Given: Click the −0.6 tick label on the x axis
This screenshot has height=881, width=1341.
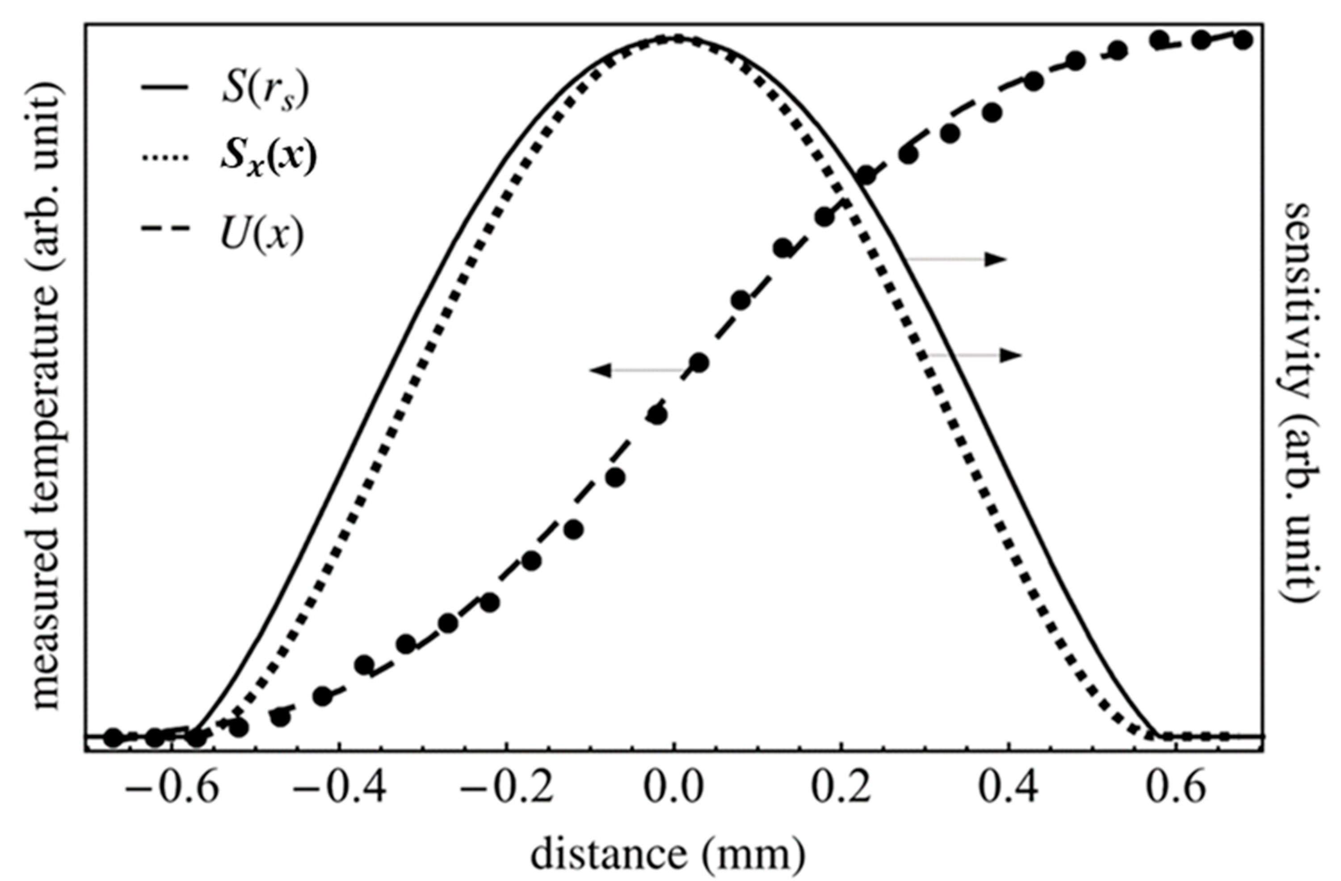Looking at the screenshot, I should pyautogui.click(x=171, y=790).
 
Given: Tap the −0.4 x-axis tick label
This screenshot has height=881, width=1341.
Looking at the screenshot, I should pyautogui.click(x=340, y=790).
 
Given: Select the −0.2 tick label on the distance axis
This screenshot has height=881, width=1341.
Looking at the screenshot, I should pyautogui.click(x=507, y=790).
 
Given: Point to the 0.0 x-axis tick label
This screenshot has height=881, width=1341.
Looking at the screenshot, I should pyautogui.click(x=674, y=790).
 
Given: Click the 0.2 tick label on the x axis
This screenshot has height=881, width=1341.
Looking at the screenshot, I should pyautogui.click(x=841, y=790).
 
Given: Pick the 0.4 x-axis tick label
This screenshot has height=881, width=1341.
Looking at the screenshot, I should pyautogui.click(x=1009, y=790).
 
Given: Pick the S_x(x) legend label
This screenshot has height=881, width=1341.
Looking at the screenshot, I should pyautogui.click(x=268, y=160).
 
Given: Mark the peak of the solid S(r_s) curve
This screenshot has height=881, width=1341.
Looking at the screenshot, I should pyautogui.click(x=674, y=38).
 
